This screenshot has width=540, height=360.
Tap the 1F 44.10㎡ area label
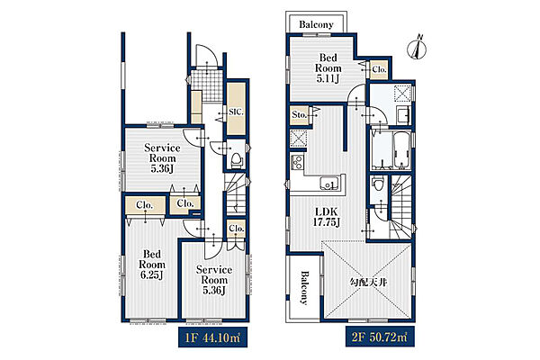[212, 337]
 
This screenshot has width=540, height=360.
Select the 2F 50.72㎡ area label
[380, 337]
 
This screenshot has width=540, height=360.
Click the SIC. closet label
[236, 112]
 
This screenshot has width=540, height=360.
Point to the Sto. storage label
[299, 114]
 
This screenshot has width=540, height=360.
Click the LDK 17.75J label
[326, 217]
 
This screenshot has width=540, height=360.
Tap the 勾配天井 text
[368, 283]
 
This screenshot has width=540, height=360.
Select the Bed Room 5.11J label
[328, 67]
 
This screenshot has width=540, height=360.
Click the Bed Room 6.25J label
[152, 265]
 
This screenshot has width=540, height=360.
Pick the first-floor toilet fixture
[237, 159]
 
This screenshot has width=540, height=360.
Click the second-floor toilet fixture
[378, 183]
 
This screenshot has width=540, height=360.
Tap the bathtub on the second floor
[401, 150]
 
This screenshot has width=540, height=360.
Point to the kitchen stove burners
[297, 162]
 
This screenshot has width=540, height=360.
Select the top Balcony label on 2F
[316, 24]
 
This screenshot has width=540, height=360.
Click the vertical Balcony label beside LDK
[304, 288]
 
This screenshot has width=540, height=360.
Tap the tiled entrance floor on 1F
[207, 85]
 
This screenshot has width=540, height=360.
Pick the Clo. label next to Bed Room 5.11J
[379, 69]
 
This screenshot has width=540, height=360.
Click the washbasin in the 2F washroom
[402, 115]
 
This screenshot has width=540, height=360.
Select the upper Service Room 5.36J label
[162, 158]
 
